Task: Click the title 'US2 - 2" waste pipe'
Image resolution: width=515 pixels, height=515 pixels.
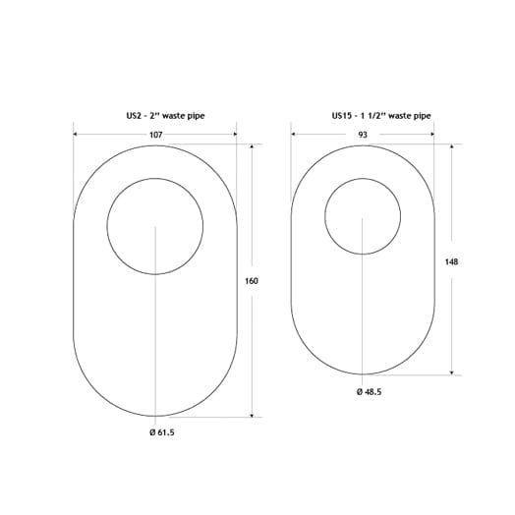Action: click(x=154, y=115)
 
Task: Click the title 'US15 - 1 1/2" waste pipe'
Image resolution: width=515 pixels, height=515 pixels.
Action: click(x=380, y=115)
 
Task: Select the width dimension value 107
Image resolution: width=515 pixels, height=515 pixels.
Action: click(x=154, y=135)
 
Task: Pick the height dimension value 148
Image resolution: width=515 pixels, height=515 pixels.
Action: click(x=451, y=261)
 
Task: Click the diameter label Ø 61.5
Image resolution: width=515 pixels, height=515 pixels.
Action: click(x=154, y=432)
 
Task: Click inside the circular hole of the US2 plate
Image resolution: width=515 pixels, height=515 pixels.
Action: click(x=154, y=227)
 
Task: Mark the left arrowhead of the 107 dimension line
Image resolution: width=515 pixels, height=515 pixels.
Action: click(x=76, y=135)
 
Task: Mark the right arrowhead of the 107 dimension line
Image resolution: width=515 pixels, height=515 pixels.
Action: click(x=234, y=135)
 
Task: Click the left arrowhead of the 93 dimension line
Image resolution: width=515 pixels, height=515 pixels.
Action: click(x=295, y=135)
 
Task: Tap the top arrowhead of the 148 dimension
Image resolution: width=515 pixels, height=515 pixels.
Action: click(x=451, y=147)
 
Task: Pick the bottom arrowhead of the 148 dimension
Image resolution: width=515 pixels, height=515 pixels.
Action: click(x=451, y=372)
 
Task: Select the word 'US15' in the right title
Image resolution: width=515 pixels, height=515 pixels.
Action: click(x=343, y=115)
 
